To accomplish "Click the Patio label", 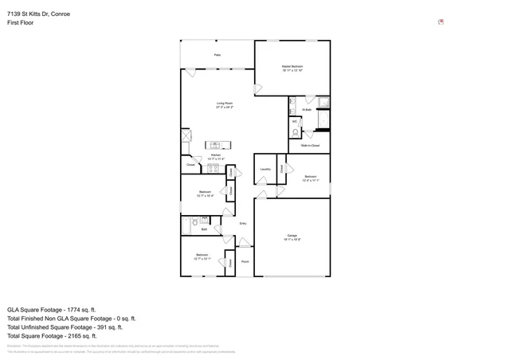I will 217,55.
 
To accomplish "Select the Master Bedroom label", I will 292,68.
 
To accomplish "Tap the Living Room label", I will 225,104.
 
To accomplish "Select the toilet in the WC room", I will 296,132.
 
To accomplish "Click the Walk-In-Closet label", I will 310,146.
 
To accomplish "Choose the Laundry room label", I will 265,169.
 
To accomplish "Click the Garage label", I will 293,237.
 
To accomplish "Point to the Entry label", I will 243,223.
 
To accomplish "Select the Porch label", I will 245,261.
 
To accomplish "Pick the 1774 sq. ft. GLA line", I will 51,309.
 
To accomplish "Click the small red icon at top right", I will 441,22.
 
